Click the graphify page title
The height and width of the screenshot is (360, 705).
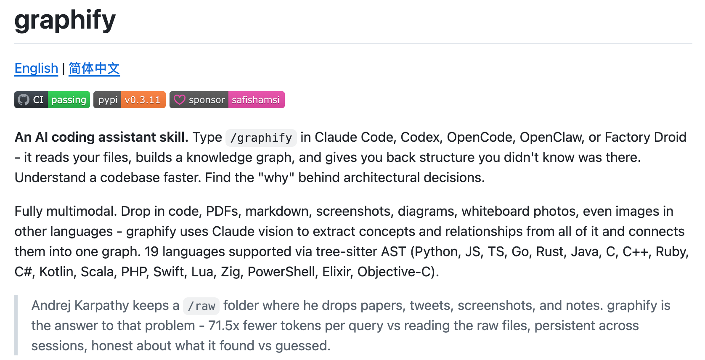(65, 20)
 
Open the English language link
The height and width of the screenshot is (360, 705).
(36, 68)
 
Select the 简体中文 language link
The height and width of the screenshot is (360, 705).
(94, 68)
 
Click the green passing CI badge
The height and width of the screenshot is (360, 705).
(69, 100)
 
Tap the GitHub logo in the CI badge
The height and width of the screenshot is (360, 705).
(24, 100)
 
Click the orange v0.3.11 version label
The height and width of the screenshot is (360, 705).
(143, 100)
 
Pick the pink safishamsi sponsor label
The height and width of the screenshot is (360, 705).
(256, 100)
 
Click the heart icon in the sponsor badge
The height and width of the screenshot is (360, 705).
(180, 100)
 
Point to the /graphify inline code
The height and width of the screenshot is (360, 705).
(261, 138)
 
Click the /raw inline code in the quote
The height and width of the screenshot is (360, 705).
(201, 306)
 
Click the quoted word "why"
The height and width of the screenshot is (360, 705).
(276, 177)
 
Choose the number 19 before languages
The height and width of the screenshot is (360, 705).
(151, 251)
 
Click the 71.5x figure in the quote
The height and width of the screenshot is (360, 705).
(223, 326)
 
